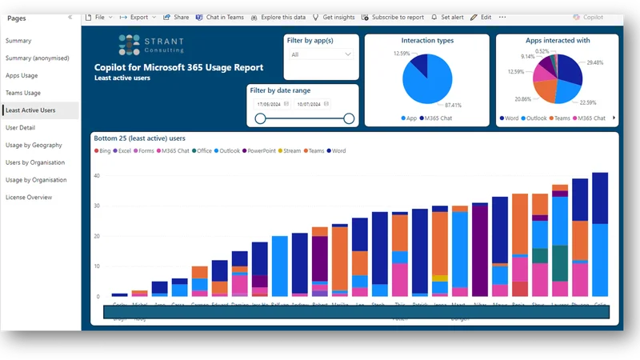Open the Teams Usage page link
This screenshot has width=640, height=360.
pos(22,93)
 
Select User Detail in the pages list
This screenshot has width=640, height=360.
pos(21,127)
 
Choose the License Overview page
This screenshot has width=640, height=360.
pos(29,197)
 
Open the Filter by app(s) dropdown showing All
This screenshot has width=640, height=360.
pos(320,54)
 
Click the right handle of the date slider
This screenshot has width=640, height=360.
pos(349,118)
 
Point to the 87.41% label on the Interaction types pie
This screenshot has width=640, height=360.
pos(452,105)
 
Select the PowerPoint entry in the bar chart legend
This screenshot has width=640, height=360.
pos(262,150)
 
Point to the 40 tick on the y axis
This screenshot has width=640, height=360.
pos(98,175)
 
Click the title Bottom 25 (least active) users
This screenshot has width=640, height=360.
pos(140,138)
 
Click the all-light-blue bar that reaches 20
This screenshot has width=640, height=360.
pos(279,266)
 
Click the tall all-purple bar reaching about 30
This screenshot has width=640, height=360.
pos(480,250)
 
